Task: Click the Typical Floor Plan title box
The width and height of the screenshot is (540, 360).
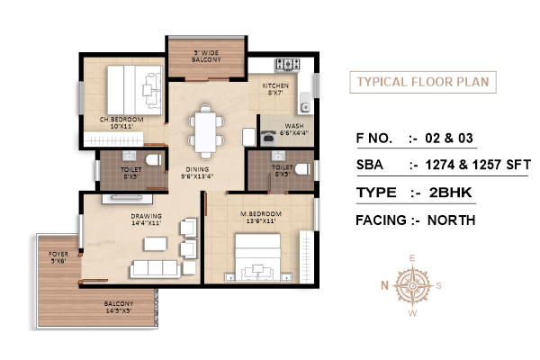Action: pyautogui.click(x=423, y=82)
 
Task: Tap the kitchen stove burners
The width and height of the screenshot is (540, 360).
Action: pyautogui.click(x=288, y=65)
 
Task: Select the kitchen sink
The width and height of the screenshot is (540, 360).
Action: pyautogui.click(x=305, y=103)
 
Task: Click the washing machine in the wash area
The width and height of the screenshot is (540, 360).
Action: pyautogui.click(x=267, y=138)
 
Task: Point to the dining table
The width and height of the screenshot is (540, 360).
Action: pyautogui.click(x=205, y=132)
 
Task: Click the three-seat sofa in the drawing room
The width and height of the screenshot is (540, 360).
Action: pyautogui.click(x=156, y=268)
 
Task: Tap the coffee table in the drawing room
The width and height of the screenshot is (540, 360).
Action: pyautogui.click(x=156, y=244)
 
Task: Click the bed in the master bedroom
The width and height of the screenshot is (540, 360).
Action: pyautogui.click(x=258, y=257)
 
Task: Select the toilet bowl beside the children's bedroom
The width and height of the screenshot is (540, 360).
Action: pyautogui.click(x=154, y=160)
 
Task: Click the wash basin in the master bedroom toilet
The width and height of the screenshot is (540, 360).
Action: pyautogui.click(x=278, y=156)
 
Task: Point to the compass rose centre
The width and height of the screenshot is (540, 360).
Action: pyautogui.click(x=412, y=285)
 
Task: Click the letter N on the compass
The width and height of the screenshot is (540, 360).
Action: pyautogui.click(x=384, y=285)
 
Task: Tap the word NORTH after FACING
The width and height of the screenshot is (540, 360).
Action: pyautogui.click(x=451, y=220)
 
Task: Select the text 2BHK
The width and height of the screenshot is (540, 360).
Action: pyautogui.click(x=451, y=193)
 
